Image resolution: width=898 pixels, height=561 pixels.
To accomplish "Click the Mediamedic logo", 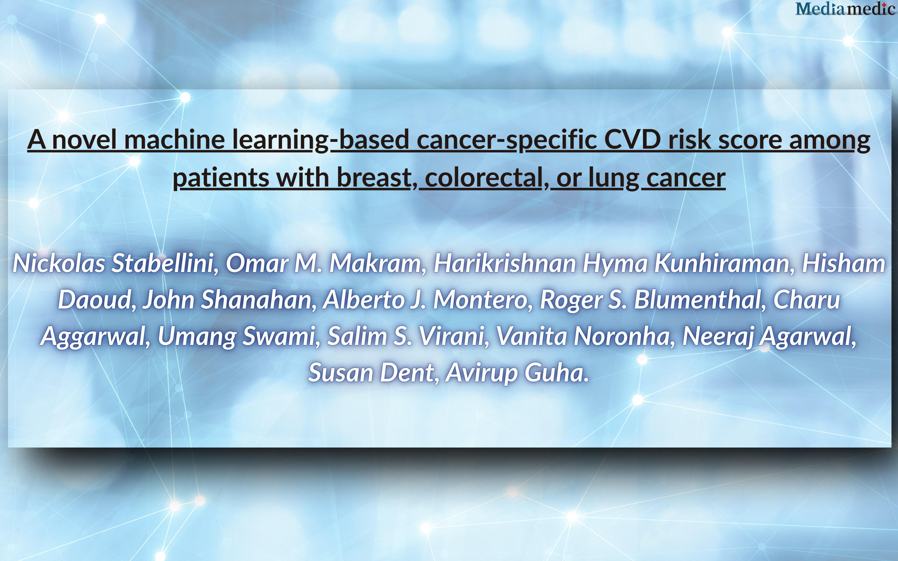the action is pyautogui.click(x=845, y=9).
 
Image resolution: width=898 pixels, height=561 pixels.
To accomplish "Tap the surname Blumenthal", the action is pyautogui.click(x=698, y=299).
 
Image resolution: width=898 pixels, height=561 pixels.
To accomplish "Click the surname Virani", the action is pyautogui.click(x=451, y=336).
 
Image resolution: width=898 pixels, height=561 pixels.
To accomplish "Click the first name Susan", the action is pyautogui.click(x=340, y=372).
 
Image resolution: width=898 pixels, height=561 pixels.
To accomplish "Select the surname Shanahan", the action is pyautogui.click(x=256, y=299).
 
